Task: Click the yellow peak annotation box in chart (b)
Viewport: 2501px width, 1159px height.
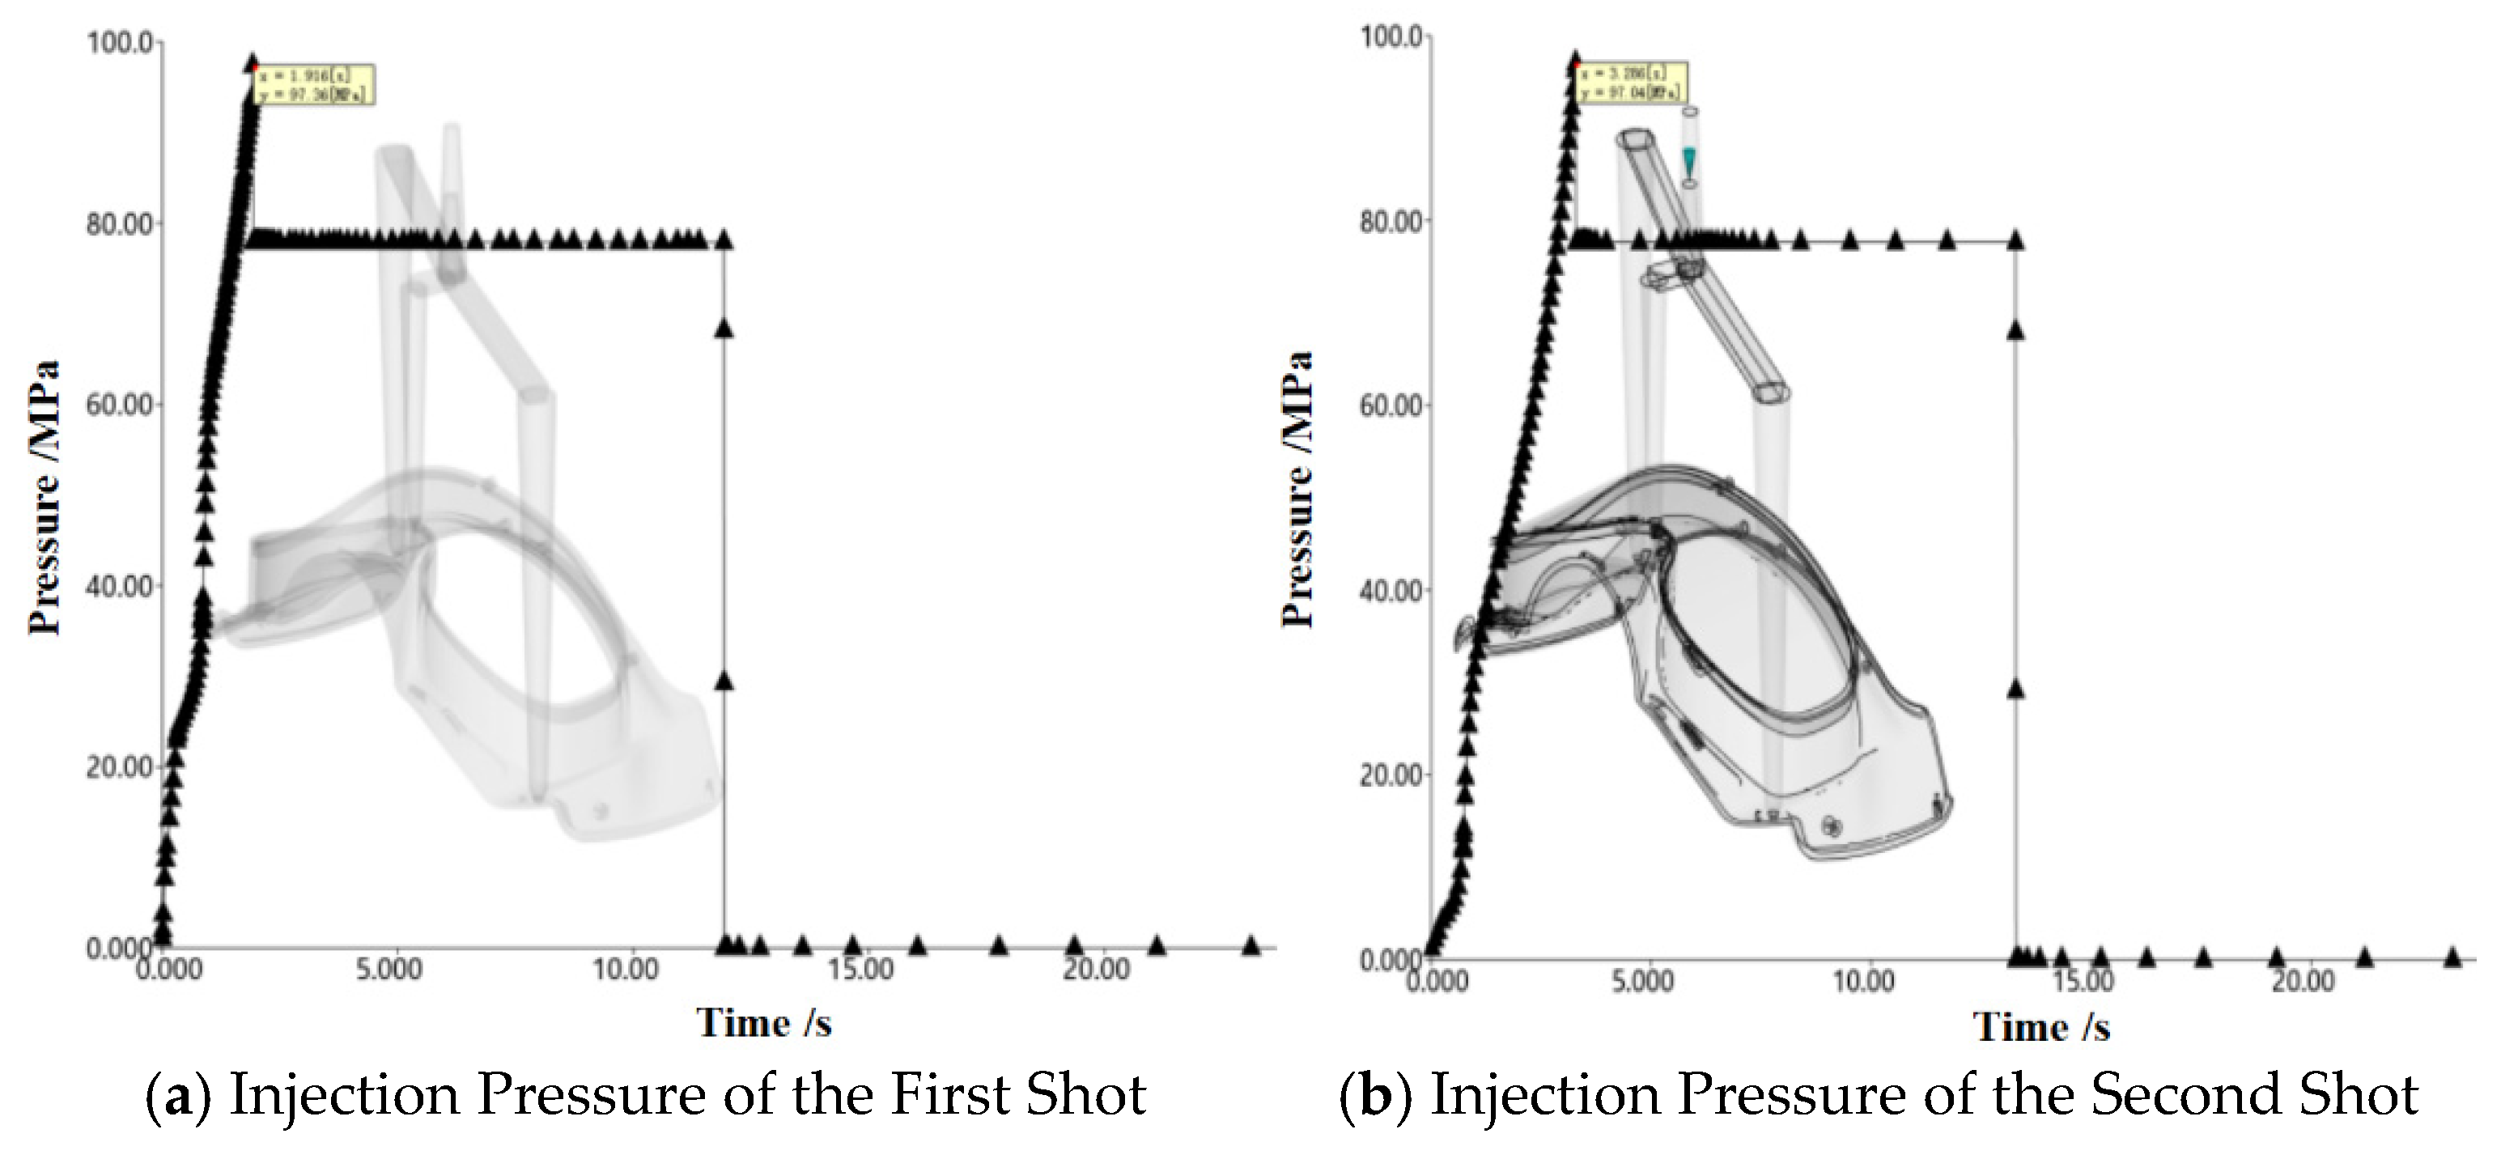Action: point(1632,83)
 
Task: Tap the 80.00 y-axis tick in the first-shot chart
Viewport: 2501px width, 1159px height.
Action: point(120,224)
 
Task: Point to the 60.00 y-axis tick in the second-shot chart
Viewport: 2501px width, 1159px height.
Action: point(1392,405)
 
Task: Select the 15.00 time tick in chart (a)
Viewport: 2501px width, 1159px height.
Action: point(860,970)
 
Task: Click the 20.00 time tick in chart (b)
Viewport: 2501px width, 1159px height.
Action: point(2303,982)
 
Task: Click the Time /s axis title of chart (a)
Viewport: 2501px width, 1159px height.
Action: point(764,1023)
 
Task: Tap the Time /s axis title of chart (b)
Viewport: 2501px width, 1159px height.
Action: point(2042,1027)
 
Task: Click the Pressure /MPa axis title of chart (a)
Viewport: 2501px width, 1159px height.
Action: point(45,497)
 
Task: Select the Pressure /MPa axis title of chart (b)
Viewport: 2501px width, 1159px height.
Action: point(1298,489)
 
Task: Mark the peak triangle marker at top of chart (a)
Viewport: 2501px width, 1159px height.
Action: point(253,62)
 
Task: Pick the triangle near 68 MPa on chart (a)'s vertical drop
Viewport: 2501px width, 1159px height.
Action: point(724,328)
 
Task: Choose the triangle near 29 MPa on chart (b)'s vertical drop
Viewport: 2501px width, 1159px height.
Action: point(2015,688)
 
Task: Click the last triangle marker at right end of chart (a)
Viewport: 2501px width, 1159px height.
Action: point(1250,945)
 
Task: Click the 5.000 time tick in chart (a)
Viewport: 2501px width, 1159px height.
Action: point(389,970)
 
